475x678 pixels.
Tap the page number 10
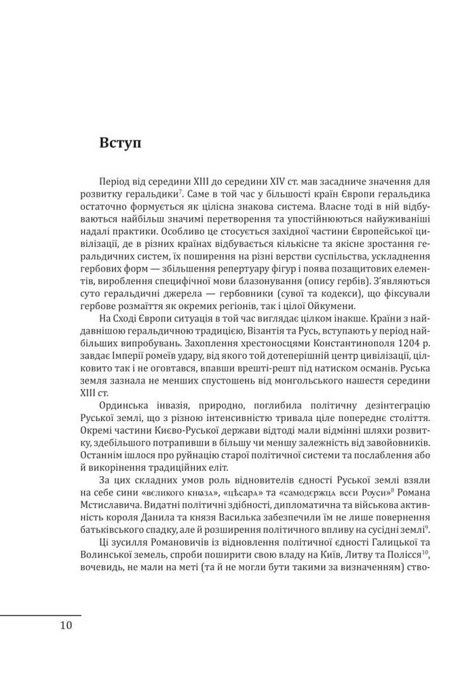tap(65, 625)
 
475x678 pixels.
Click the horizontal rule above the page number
tap(40, 614)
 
